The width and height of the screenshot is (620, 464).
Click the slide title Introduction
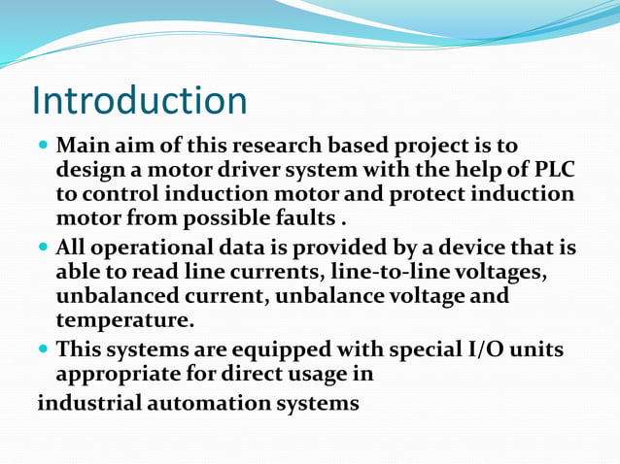pos(139,101)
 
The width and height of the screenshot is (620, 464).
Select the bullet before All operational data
pos(44,249)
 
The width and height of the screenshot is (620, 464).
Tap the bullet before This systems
pos(44,350)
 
